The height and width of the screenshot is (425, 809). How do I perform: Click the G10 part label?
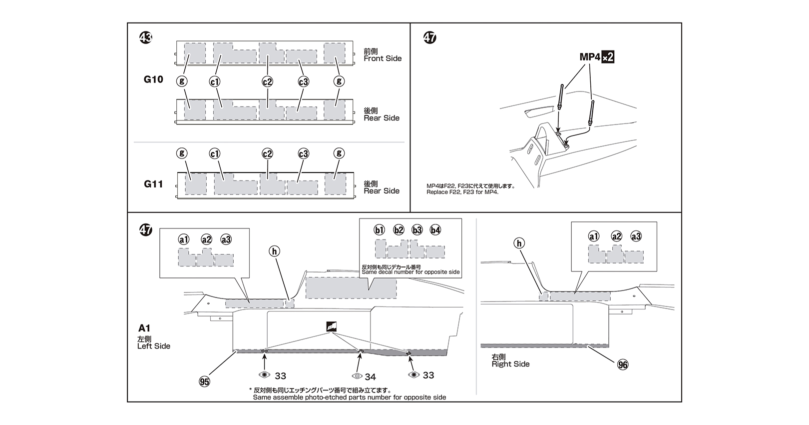153,79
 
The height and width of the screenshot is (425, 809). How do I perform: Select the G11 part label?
153,184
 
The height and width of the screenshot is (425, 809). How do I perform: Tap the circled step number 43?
145,37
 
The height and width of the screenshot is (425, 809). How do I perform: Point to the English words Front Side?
383,58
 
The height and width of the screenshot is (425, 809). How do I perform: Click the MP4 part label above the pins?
590,57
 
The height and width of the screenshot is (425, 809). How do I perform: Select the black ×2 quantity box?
607,57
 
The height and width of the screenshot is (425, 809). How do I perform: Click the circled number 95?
204,381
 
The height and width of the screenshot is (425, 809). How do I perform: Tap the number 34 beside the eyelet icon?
370,377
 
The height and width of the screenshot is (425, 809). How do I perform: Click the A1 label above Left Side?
144,328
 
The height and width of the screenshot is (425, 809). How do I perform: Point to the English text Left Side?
153,346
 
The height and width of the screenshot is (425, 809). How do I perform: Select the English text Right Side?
510,364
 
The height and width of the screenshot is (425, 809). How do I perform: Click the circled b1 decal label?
379,230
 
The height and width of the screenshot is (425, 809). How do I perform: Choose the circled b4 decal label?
435,230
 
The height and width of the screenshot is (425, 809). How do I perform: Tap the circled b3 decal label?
417,230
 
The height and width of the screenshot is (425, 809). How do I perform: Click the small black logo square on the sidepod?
332,326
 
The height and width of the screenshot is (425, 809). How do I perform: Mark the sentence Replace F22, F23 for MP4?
462,192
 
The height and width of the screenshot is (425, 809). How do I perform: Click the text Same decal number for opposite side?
410,272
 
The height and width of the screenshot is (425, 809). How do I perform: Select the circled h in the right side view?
519,243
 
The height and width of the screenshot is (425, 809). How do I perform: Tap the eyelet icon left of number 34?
357,376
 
